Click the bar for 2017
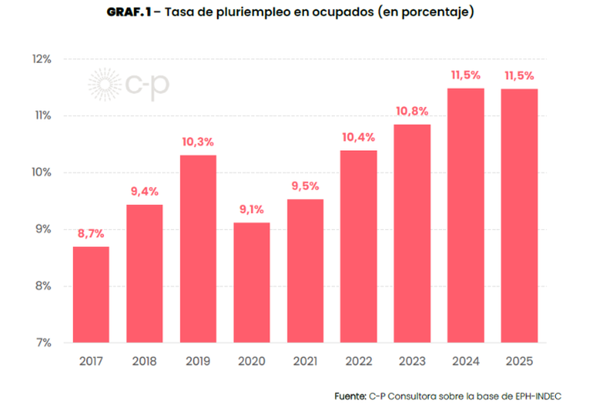(x=91, y=294)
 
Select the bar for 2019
(x=198, y=249)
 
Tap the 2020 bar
(x=252, y=283)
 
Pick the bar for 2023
(x=412, y=234)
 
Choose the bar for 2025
(x=519, y=216)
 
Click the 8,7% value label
(x=91, y=234)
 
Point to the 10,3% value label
(x=198, y=142)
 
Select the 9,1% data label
(x=252, y=209)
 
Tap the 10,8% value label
(x=412, y=111)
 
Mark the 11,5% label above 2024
(x=466, y=75)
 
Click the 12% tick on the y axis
(x=42, y=59)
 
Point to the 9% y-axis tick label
(x=43, y=229)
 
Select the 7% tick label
(x=43, y=343)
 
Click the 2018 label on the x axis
(x=144, y=361)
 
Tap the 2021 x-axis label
(x=305, y=361)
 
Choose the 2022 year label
(x=359, y=361)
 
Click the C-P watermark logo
(x=129, y=84)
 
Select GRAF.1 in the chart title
(x=129, y=12)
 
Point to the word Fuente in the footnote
(x=350, y=396)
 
